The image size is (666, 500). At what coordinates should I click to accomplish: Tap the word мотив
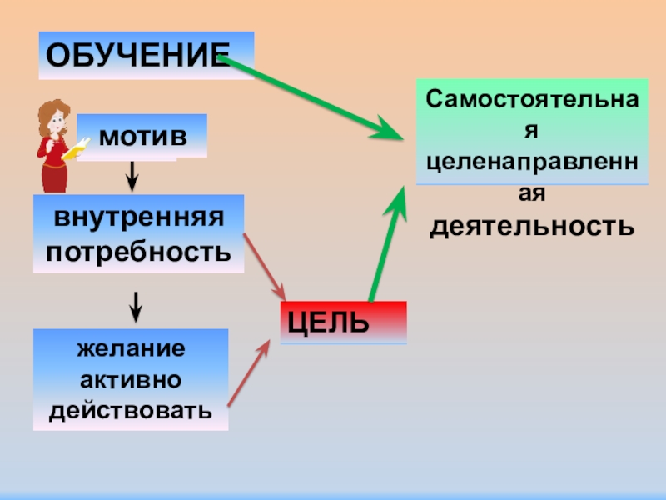(x=142, y=135)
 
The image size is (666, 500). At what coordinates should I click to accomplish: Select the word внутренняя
(x=139, y=219)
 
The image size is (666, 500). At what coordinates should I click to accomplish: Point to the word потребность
(x=139, y=250)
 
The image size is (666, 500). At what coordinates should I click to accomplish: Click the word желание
(x=131, y=347)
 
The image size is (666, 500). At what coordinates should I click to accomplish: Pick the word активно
(x=131, y=379)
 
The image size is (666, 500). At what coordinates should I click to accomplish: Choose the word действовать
(x=131, y=410)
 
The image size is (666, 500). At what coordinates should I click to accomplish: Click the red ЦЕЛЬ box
(x=343, y=322)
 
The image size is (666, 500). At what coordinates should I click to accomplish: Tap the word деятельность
(x=531, y=226)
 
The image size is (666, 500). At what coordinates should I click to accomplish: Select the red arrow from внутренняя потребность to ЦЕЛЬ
(x=265, y=267)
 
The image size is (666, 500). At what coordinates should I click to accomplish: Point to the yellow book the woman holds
(x=75, y=150)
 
